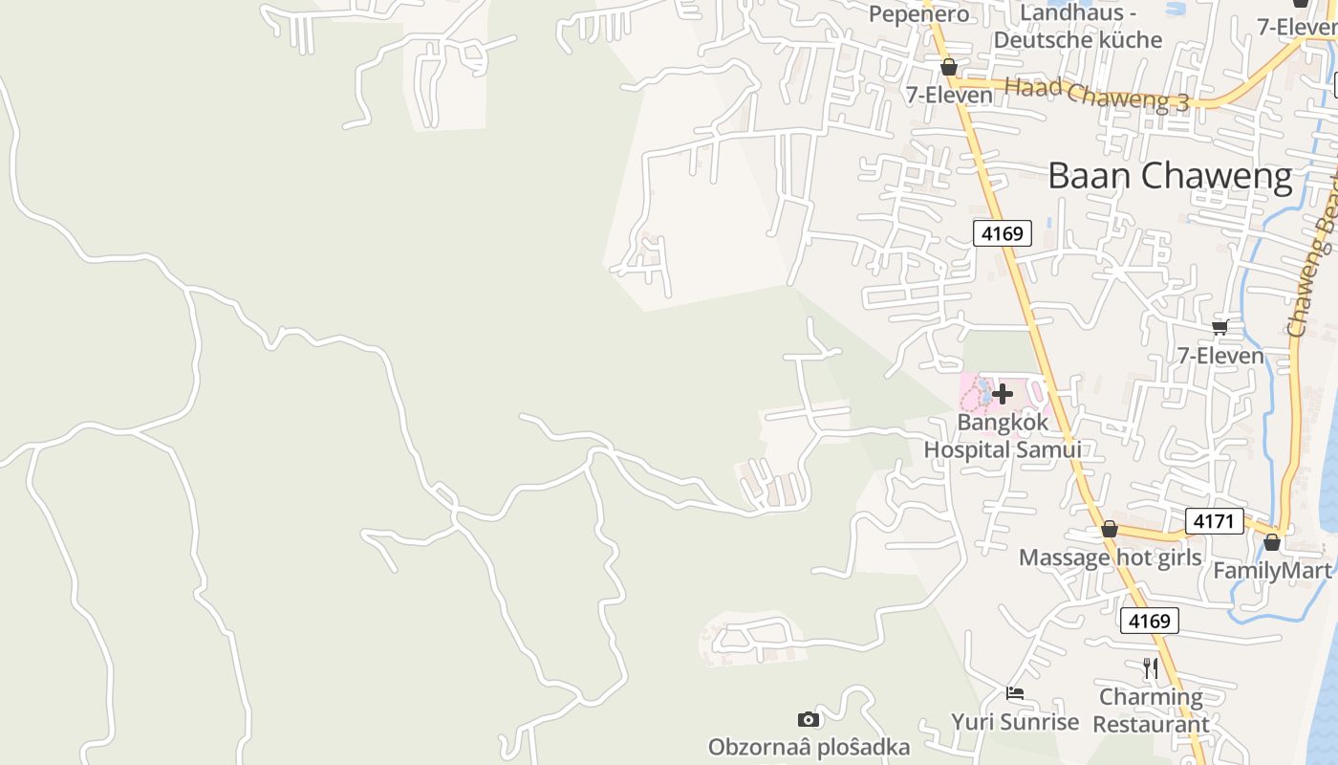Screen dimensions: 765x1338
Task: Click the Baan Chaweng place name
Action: point(1170,176)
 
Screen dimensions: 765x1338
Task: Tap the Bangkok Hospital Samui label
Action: point(1002,435)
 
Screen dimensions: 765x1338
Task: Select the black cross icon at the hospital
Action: point(1003,393)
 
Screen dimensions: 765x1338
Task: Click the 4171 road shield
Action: point(1215,521)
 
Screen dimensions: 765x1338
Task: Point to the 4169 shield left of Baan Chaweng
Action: point(1003,232)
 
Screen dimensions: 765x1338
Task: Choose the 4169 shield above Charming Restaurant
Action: point(1149,621)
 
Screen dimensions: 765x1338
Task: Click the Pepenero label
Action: point(918,13)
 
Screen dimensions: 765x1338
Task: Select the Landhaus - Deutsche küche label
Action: point(1077,27)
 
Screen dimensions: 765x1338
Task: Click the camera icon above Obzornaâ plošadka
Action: point(809,719)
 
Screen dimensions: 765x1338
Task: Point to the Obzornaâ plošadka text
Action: point(809,746)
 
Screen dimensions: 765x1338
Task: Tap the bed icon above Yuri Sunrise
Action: point(1015,693)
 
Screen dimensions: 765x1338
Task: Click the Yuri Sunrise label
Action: point(1015,721)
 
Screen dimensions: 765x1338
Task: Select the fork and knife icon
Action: point(1151,667)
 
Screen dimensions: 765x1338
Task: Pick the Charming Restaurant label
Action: point(1151,710)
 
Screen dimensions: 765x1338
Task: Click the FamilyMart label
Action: point(1271,571)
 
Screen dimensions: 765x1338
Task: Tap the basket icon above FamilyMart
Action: point(1271,543)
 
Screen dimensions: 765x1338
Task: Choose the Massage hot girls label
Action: point(1110,557)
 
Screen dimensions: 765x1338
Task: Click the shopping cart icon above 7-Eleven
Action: point(1220,328)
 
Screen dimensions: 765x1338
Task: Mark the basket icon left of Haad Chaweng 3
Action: point(948,67)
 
